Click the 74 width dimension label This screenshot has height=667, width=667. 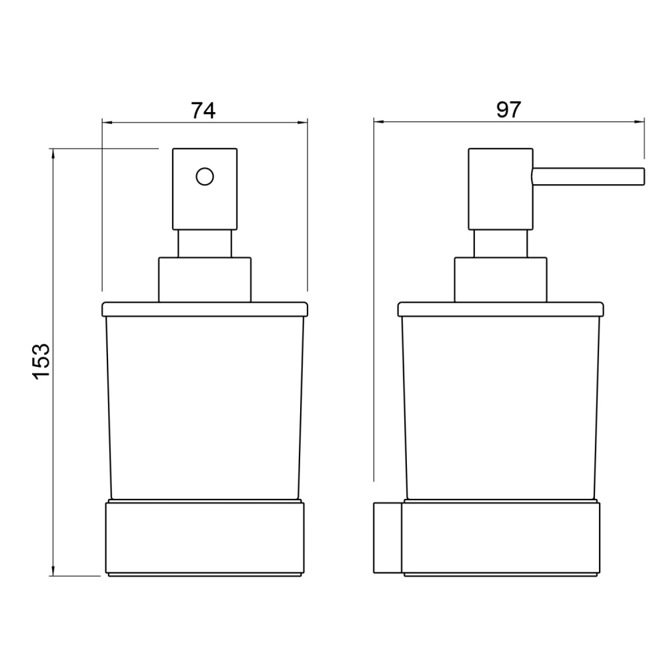tap(203, 110)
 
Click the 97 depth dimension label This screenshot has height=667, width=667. tap(508, 109)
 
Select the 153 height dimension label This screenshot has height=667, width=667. tap(41, 361)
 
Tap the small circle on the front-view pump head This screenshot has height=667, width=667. tap(205, 177)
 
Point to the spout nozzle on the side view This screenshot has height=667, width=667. tap(588, 177)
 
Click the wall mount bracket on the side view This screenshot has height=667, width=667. tap(388, 538)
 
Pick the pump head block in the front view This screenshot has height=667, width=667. tap(205, 189)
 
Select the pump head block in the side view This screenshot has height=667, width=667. tap(500, 189)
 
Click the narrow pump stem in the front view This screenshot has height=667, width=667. tap(205, 243)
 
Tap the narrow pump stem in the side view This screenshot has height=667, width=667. tap(500, 243)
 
